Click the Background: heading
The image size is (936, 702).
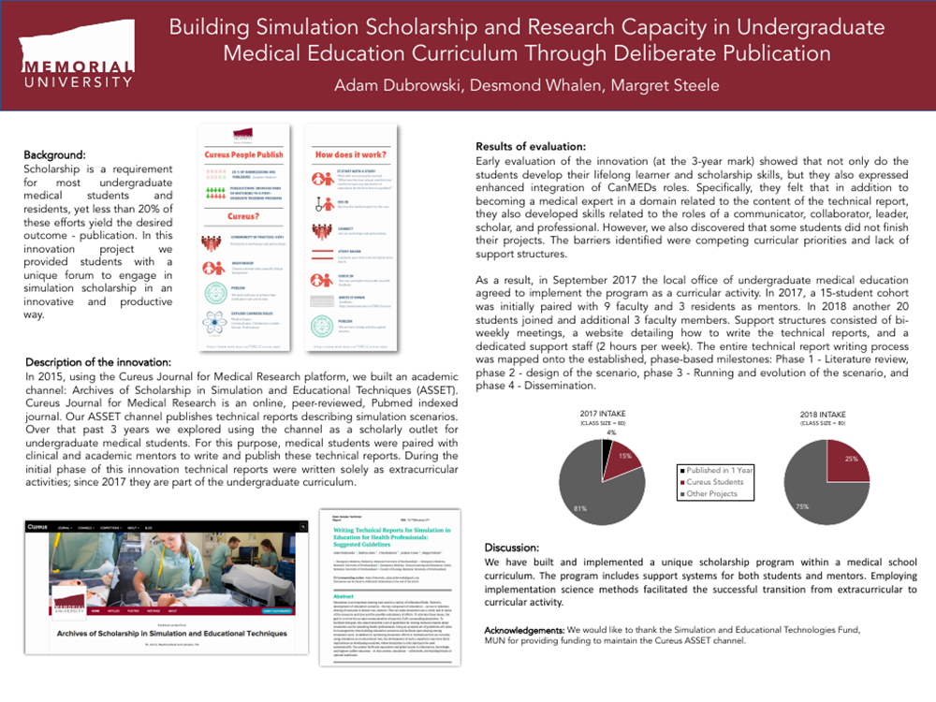(x=54, y=154)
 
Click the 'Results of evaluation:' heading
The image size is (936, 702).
(x=531, y=148)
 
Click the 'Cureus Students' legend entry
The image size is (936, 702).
(x=716, y=483)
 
